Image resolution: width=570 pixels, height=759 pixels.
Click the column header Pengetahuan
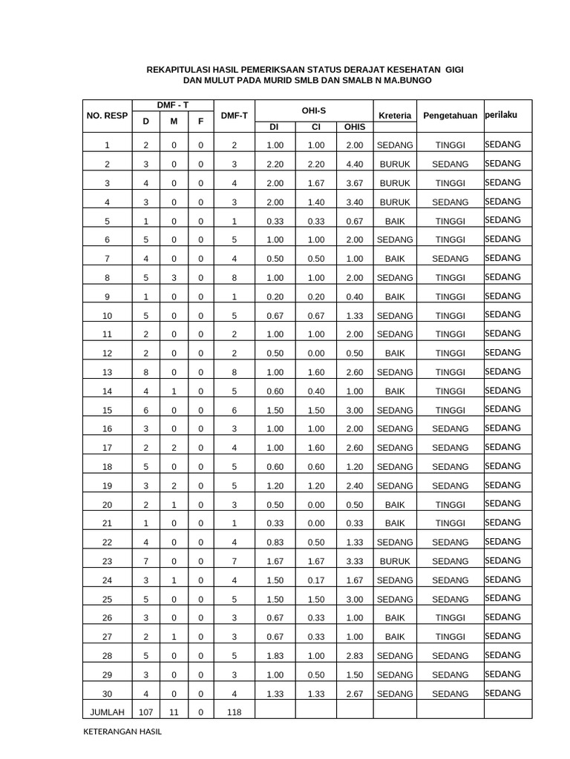click(450, 116)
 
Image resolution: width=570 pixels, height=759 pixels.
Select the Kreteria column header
click(395, 116)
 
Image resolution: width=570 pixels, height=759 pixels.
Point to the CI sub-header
click(315, 127)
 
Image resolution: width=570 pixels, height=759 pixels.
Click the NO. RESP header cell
click(107, 116)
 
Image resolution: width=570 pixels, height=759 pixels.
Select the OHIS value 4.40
click(354, 164)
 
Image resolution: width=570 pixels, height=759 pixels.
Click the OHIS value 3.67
click(354, 183)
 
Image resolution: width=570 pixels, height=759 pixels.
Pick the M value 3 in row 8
click(173, 278)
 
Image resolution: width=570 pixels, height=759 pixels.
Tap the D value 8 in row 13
click(145, 372)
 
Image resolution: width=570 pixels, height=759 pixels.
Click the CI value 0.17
click(315, 580)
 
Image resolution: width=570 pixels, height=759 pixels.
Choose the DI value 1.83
click(275, 656)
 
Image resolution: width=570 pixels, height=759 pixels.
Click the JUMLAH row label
click(107, 712)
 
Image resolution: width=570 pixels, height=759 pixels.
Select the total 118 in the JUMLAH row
click(234, 712)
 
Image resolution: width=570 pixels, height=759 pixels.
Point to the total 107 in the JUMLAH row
click(145, 712)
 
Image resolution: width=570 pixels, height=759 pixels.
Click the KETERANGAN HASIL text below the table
click(122, 732)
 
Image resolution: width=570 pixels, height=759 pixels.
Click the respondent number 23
click(107, 562)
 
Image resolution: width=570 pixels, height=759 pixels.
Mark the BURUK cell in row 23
click(395, 562)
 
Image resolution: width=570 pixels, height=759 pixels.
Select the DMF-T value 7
click(234, 562)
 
